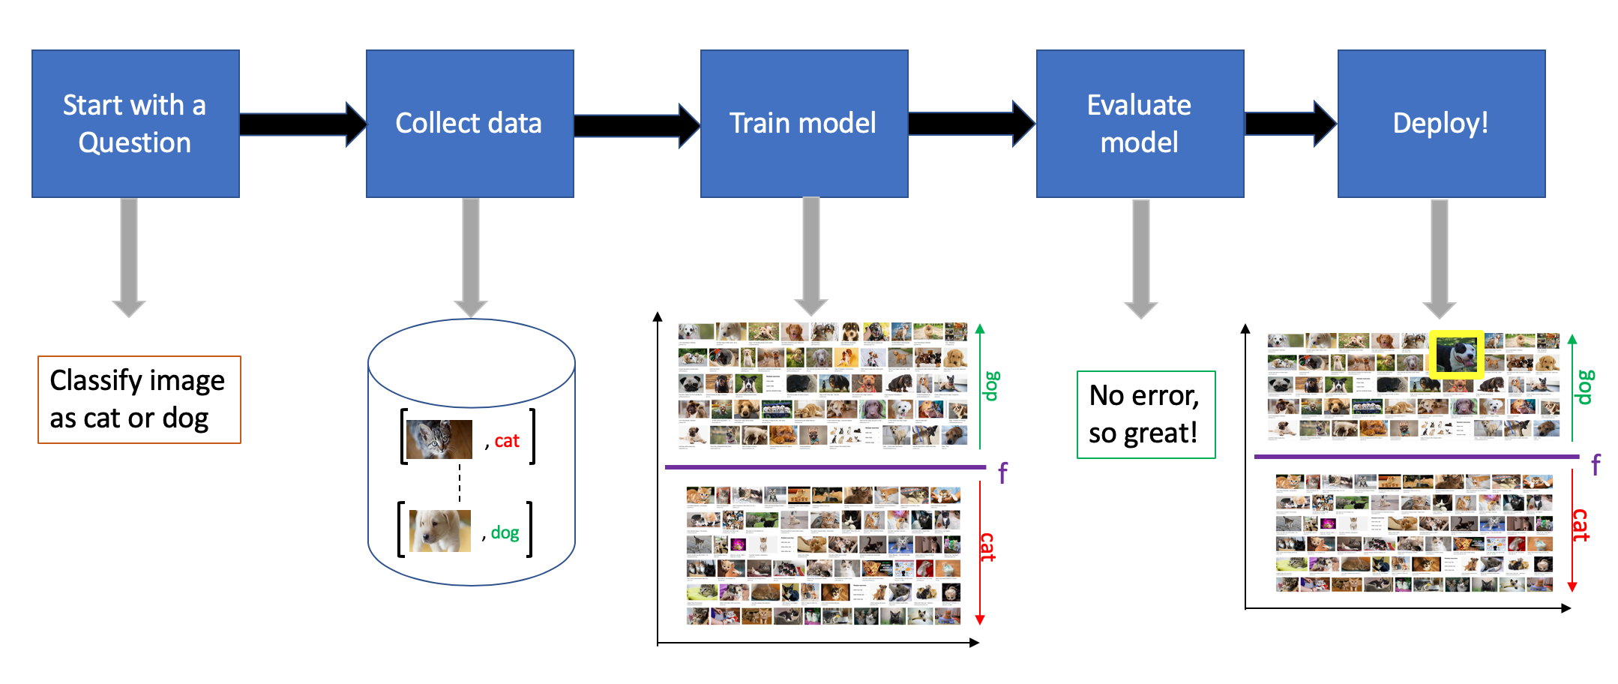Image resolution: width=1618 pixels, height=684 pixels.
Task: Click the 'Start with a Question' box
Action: [x=136, y=124]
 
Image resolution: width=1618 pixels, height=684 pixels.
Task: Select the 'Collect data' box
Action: [x=469, y=124]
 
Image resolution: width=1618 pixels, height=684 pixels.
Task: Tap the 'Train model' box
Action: [x=804, y=124]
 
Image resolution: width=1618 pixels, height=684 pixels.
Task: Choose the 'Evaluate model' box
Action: [x=1140, y=124]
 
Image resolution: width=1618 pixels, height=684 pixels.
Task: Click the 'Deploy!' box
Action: [x=1441, y=124]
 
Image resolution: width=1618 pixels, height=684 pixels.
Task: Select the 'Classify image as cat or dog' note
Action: [x=139, y=400]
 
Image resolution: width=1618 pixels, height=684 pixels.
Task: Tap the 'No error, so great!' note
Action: [x=1146, y=415]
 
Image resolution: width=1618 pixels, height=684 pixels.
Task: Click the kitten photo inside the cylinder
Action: [x=439, y=439]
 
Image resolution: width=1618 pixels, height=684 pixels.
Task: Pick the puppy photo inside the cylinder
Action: [x=440, y=531]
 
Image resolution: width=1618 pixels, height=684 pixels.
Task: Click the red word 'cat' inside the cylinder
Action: [x=507, y=441]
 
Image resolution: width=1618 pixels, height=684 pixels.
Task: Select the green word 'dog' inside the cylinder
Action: [x=505, y=532]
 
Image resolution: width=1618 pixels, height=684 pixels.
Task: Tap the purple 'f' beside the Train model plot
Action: [x=1002, y=472]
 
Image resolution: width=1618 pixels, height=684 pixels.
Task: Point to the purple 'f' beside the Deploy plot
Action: [x=1596, y=465]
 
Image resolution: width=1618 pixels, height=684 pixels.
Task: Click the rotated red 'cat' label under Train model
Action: [x=988, y=547]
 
